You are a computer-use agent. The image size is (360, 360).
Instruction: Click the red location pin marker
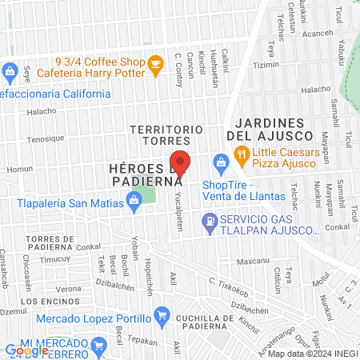(x=181, y=164)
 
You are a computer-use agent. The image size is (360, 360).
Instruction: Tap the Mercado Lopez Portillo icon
(x=162, y=314)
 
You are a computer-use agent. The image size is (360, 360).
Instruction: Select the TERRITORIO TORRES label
(x=166, y=134)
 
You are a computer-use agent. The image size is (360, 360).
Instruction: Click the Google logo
(x=26, y=350)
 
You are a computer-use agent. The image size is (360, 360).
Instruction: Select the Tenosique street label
(x=46, y=138)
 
